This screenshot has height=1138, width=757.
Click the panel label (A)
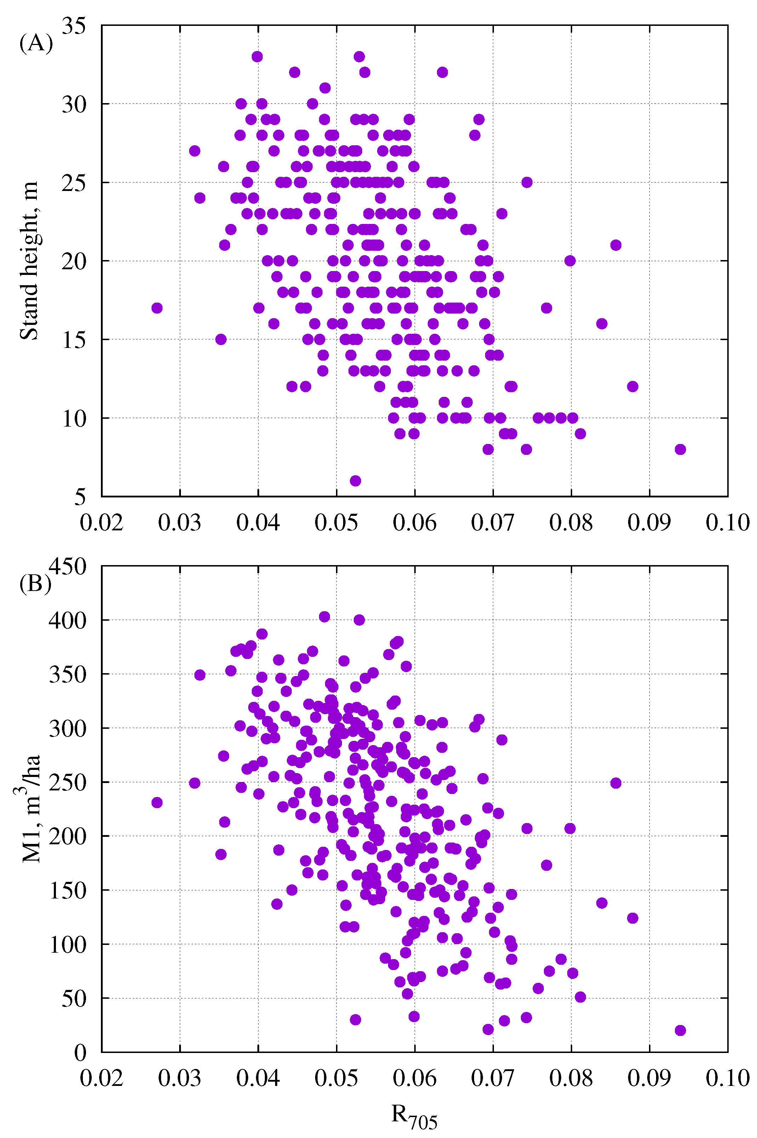pos(36,44)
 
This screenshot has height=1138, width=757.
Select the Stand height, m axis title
pos(29,261)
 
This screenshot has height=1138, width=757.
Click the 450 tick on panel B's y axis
pos(68,566)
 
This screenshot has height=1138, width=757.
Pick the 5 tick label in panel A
pos(80,497)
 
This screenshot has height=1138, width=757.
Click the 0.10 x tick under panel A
pos(727,523)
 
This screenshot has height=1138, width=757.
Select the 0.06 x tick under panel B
pos(414,1078)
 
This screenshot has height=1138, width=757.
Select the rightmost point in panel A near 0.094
pos(680,449)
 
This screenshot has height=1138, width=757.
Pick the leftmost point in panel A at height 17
pos(157,308)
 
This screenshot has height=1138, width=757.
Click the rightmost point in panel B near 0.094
pos(680,1030)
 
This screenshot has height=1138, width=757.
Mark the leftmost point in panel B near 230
pos(157,802)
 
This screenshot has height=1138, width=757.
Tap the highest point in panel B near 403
pos(324,617)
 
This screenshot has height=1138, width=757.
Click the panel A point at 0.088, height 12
pos(632,387)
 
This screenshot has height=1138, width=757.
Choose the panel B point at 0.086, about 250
pos(615,783)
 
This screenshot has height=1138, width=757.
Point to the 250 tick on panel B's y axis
pos(68,782)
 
